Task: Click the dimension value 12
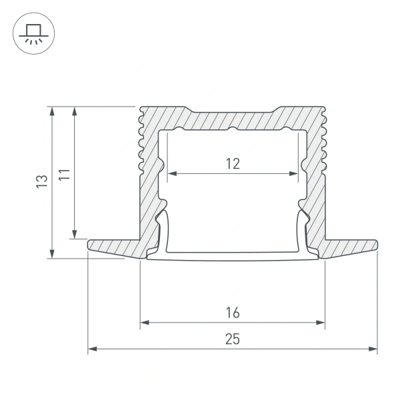coord(232,163)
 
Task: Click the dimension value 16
coord(232,312)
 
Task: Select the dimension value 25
coord(232,339)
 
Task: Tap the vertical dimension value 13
coord(41,181)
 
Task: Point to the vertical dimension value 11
coord(64,177)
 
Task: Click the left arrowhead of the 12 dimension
coord(171,173)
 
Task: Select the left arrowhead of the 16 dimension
coord(144,323)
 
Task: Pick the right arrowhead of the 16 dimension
coord(321,323)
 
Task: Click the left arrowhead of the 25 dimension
coord(93,348)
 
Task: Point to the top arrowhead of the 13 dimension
coord(52,111)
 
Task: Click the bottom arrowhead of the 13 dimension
coord(52,254)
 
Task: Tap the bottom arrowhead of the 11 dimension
coord(75,233)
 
